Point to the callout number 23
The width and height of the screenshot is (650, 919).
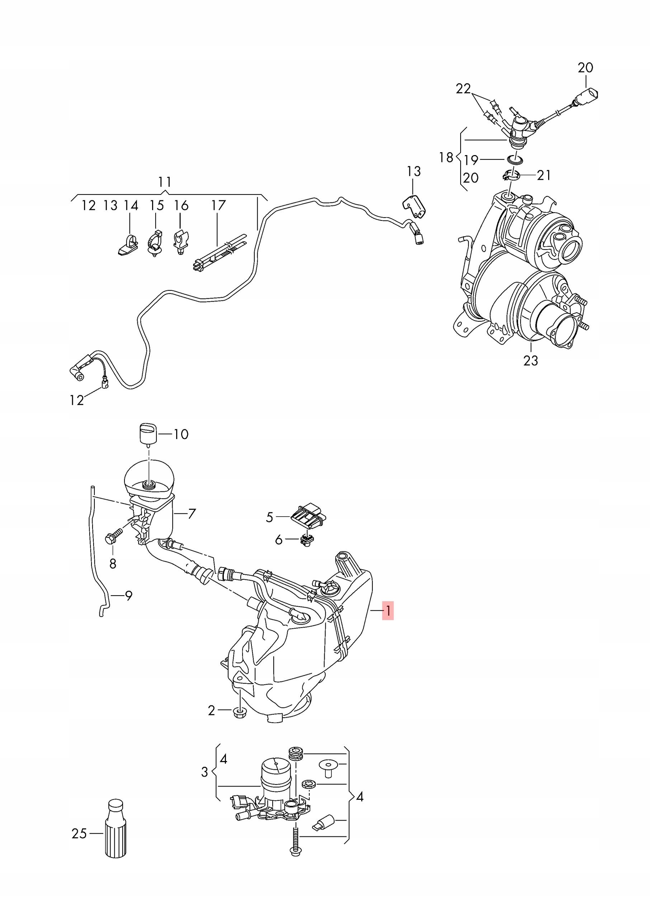[x=531, y=360]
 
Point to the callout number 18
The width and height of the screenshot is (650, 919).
[x=446, y=157]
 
